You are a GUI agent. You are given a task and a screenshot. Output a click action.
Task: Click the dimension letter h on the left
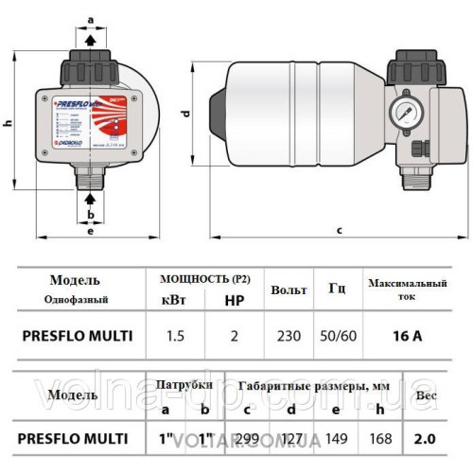click(x=8, y=123)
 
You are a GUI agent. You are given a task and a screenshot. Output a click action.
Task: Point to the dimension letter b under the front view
click(x=89, y=214)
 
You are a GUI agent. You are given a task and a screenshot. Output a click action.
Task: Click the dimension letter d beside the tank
click(x=186, y=113)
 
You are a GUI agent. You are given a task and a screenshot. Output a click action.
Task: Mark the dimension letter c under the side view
click(x=338, y=230)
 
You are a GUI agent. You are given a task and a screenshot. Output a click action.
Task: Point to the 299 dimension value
click(x=249, y=438)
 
